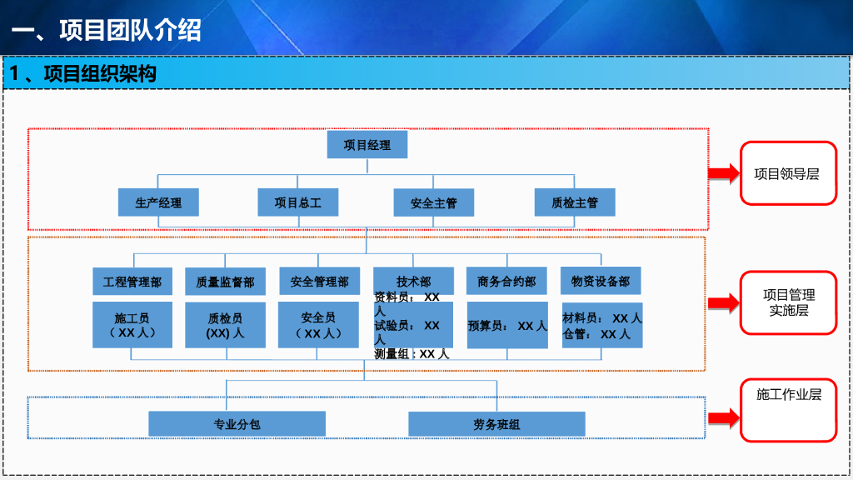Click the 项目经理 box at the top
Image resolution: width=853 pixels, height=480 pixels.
pos(367,145)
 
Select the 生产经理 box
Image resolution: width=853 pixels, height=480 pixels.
pos(158,202)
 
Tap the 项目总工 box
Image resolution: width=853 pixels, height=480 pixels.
pos(298,202)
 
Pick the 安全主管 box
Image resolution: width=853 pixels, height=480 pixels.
pos(433,203)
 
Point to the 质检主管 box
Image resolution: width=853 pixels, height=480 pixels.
pos(575,202)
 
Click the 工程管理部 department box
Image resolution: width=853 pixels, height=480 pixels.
pos(132,282)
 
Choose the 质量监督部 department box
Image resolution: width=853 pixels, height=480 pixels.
pos(225,282)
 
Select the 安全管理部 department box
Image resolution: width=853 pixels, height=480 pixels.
pos(319,281)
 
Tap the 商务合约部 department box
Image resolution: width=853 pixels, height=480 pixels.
pos(507,281)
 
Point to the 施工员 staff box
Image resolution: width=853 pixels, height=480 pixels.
pos(132,325)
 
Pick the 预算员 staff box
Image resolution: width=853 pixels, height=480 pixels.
pos(507,325)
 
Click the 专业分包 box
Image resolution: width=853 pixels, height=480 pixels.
pos(237,424)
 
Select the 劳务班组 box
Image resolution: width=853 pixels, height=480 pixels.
pos(496,424)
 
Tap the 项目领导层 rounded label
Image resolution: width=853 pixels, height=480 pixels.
pos(788,173)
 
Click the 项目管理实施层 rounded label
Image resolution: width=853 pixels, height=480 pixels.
pos(788,302)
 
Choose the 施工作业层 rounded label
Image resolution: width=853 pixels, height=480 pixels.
pos(788,410)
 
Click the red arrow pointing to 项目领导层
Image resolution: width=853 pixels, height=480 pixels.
pos(724,173)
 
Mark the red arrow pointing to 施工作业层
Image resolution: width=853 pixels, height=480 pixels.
pos(724,418)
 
